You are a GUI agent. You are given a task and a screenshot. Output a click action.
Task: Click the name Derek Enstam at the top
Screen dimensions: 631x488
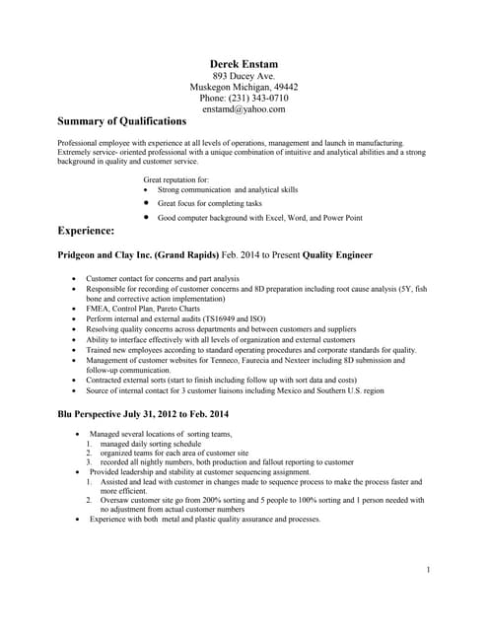point(244,63)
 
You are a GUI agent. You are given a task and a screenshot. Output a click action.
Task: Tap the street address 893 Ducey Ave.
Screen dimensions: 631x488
point(244,76)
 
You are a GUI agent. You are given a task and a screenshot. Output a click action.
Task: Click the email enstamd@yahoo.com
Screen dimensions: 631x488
point(244,109)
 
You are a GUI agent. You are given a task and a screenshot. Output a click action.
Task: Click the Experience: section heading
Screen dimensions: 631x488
point(87,230)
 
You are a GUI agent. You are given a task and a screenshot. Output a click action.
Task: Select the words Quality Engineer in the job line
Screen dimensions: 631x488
point(337,254)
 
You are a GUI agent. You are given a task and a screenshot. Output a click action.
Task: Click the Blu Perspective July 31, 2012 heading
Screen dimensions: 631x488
point(144,413)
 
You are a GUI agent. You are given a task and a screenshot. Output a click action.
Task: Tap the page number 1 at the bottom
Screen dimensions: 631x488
point(429,570)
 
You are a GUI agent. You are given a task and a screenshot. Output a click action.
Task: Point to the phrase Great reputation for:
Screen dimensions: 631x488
point(176,180)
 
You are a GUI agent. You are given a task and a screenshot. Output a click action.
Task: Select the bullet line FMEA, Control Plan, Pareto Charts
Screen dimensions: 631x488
point(143,309)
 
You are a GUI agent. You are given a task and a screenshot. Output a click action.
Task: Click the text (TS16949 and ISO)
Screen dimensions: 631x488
point(233,319)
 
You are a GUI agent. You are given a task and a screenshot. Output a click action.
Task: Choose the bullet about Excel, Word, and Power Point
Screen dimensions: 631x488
point(260,217)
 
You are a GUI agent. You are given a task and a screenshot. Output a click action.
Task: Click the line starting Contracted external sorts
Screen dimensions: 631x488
point(221,380)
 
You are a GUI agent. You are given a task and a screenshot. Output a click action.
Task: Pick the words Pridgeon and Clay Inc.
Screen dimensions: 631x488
point(111,254)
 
